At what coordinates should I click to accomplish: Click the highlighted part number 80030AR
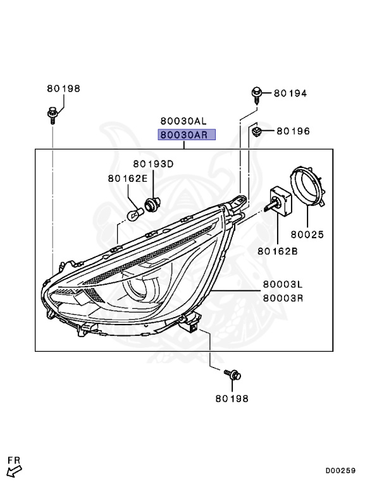187,135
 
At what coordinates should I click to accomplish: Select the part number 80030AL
183,121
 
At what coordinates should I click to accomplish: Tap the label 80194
290,93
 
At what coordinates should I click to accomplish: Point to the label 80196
292,131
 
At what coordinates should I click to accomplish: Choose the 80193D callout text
152,164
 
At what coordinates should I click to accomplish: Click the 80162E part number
127,179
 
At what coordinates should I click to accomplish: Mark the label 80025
307,234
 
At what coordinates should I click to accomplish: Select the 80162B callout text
277,251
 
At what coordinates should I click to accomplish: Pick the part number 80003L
283,285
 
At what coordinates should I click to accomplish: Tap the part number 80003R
283,297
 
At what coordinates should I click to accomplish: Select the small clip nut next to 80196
257,131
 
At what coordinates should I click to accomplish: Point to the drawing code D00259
340,470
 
